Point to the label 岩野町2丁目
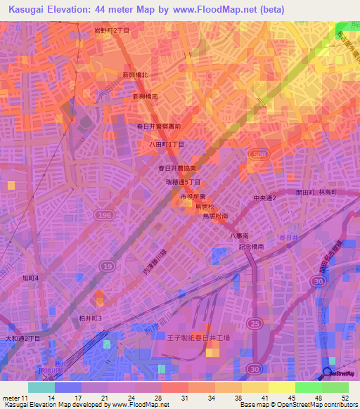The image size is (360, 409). point(112,32)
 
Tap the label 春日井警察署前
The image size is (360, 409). point(159,126)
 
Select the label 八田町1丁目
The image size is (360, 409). point(167,143)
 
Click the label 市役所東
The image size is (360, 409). point(193,199)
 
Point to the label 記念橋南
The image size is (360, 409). point(251,247)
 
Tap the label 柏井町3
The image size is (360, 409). point(91,318)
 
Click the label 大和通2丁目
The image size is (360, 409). point(22,337)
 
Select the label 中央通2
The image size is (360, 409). point(265,198)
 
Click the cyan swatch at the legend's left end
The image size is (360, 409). point(41,387)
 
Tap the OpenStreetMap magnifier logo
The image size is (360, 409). point(327,373)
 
